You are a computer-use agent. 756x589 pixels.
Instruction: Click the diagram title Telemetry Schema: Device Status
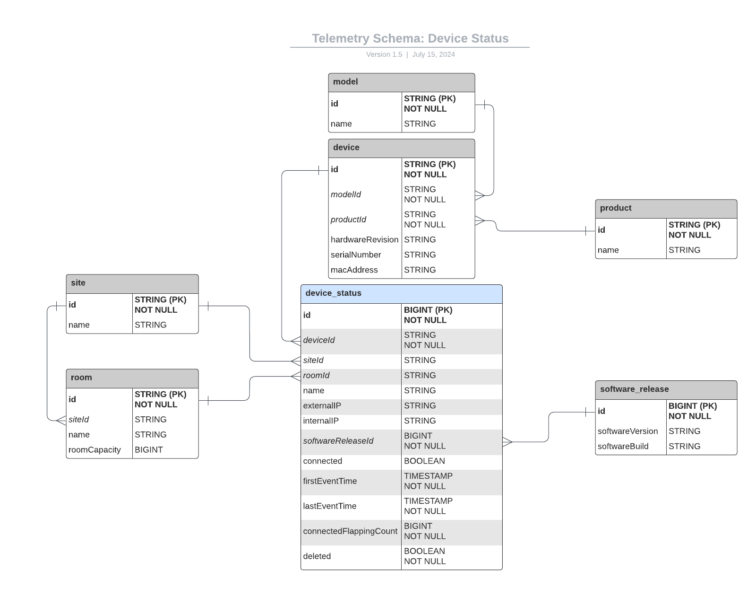pos(410,38)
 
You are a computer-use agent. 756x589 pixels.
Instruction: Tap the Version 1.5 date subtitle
pos(410,54)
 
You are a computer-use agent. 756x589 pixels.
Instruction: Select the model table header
pos(401,82)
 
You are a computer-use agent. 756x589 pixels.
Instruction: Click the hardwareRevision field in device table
pos(364,240)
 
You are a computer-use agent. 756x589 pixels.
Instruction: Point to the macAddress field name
pos(354,270)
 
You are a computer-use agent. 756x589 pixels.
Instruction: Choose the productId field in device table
pos(348,220)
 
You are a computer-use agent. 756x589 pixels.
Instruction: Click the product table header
pos(666,208)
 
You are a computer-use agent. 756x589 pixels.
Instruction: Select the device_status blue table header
pos(401,293)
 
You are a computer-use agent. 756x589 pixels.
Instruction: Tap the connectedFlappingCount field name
pos(350,531)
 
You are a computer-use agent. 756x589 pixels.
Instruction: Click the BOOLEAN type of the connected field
pos(424,461)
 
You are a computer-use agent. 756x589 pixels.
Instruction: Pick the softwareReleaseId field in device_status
pos(338,441)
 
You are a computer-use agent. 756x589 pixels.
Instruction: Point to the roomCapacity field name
pos(94,450)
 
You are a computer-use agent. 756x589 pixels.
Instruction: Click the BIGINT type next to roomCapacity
pos(149,450)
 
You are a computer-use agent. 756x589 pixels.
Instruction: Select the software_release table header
pos(666,389)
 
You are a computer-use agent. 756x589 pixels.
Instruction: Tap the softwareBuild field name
pos(623,447)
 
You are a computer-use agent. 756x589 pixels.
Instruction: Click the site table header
pos(132,283)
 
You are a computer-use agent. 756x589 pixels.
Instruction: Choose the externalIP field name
pos(322,406)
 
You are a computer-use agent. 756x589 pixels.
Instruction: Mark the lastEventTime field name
pos(330,506)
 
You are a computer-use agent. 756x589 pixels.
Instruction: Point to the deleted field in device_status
pos(317,556)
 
